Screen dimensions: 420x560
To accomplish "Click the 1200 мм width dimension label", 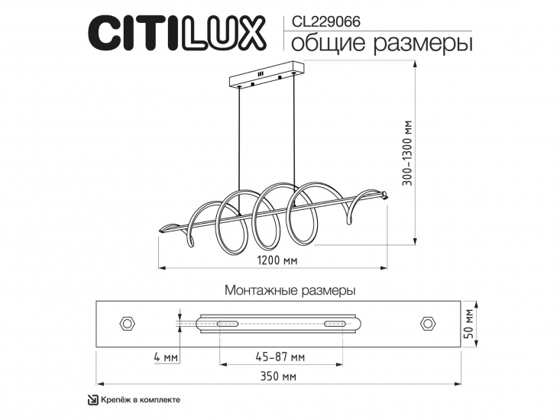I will [277, 260].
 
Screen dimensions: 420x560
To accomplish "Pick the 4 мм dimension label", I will [165, 356].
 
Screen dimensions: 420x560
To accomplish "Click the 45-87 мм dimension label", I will [280, 356].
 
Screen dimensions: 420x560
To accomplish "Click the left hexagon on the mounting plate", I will [127, 324].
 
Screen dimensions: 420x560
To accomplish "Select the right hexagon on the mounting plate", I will [429, 324].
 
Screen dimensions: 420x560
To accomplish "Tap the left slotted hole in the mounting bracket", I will [227, 325].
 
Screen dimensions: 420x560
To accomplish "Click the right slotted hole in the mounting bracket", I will [334, 325].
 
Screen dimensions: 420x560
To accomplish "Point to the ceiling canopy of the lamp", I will [267, 77].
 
